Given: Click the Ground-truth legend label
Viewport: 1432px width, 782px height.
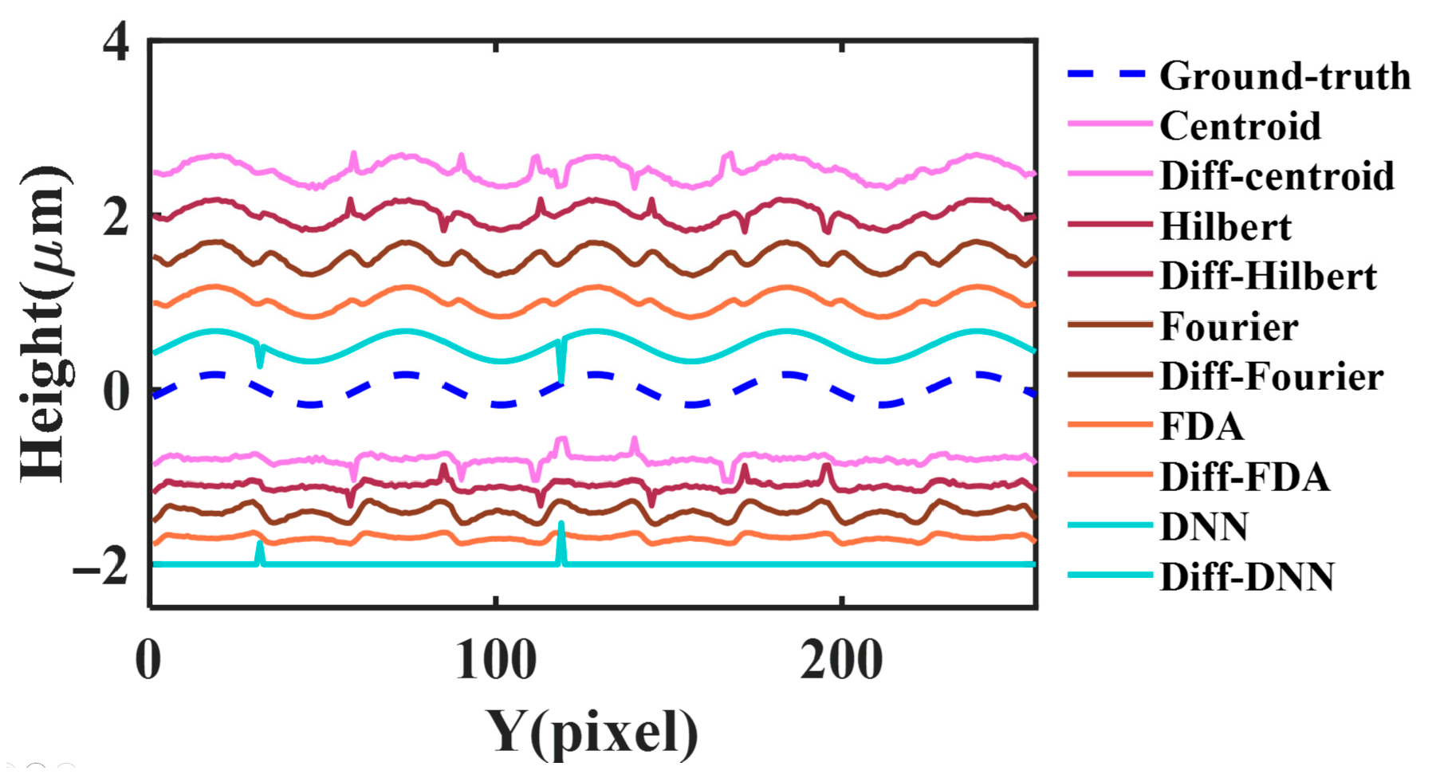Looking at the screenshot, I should [1284, 77].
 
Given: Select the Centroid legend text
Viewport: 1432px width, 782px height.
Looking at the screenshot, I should [1240, 126].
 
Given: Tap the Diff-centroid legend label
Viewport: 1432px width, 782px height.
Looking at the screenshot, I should [1277, 176].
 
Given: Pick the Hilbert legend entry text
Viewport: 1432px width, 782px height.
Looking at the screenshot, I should [1225, 227].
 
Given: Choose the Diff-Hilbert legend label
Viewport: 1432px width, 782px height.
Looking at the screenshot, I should [1268, 277].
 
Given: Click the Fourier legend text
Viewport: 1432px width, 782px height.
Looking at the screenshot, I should [1229, 327].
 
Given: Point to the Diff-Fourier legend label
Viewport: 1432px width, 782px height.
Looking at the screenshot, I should [1271, 376].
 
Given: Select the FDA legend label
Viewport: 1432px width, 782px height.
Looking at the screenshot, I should [1202, 426].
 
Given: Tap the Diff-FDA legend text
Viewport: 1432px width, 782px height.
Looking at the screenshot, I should [1245, 477].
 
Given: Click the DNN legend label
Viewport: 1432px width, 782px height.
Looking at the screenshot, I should [1204, 527].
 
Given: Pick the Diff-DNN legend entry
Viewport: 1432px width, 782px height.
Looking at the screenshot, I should [1246, 577].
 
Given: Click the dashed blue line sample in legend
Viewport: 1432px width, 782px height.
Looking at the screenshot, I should [1108, 75].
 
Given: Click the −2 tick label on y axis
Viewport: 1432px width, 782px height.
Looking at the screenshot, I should [101, 568].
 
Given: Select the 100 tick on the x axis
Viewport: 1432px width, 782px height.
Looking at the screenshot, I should [496, 661].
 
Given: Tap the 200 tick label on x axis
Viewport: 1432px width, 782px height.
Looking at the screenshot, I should [841, 661].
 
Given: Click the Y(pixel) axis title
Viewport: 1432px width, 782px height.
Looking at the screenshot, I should [592, 732].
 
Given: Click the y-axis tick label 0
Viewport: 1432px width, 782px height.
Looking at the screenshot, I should [116, 392].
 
